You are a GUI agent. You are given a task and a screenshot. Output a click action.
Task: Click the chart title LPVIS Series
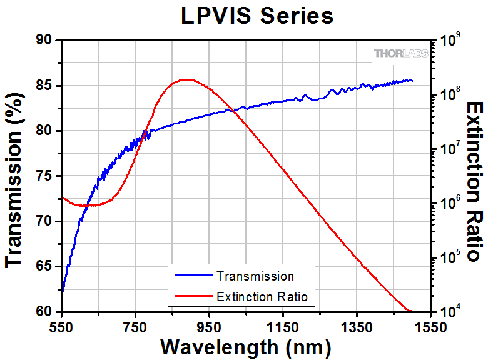257,16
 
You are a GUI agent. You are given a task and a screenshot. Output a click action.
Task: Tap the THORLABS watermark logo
401,54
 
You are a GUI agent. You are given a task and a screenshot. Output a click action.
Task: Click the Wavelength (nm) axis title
245,346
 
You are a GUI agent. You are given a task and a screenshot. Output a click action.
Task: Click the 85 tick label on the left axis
46,86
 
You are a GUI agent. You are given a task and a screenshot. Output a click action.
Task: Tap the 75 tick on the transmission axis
46,176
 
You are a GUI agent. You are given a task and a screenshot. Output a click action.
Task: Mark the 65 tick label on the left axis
46,267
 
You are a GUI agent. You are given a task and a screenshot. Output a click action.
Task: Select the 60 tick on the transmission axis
46,312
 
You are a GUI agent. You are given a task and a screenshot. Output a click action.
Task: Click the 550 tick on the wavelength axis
61,326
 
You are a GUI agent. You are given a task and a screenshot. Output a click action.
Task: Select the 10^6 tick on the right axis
451,204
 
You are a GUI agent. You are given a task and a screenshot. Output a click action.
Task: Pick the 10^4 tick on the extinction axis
451,311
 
